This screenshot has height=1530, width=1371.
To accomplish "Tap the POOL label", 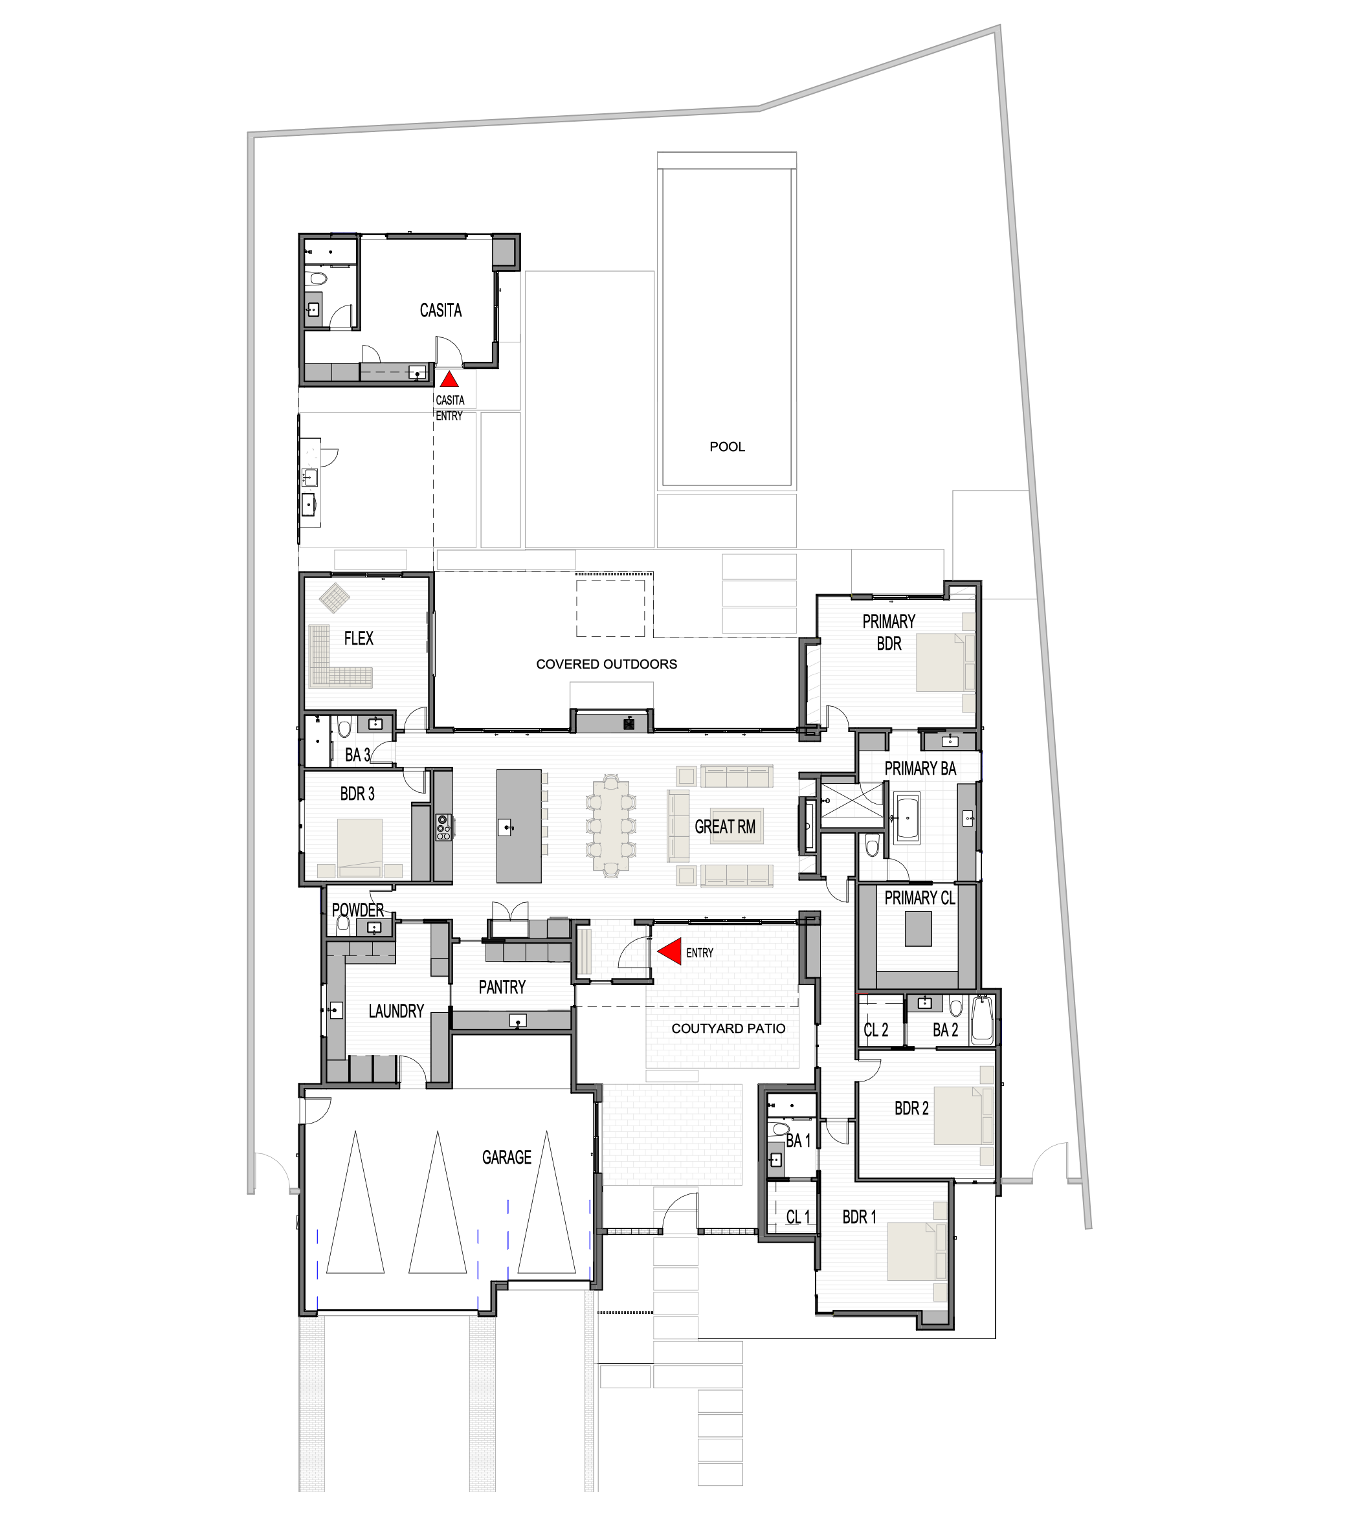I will point(727,447).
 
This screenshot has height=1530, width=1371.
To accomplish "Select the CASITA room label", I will point(441,311).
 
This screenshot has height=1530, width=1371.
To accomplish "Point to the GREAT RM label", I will point(725,826).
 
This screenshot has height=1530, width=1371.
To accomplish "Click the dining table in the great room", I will point(611,826).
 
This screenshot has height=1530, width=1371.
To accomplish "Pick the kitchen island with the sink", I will point(518,826).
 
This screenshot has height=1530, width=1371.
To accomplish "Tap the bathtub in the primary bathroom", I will point(906,817).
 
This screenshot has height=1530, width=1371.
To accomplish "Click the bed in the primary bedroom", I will point(942,662).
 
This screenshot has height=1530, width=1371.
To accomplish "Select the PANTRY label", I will point(502,987).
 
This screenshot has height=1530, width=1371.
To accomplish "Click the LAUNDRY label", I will point(396,1011).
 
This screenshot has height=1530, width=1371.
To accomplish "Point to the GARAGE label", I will point(507,1157).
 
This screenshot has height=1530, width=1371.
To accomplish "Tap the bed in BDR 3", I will point(359,847).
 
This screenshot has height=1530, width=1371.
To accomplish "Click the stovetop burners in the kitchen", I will point(443,826).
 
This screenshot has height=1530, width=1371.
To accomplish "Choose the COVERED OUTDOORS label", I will point(607,663).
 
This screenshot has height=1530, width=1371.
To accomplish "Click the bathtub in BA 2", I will point(983,1020).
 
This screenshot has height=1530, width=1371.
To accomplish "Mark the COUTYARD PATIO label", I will point(728,1028).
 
